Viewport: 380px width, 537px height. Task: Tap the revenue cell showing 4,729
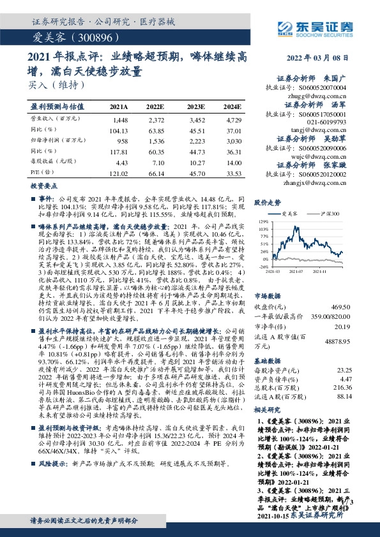coord(234,120)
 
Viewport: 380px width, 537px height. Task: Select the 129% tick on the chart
coord(263,221)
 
